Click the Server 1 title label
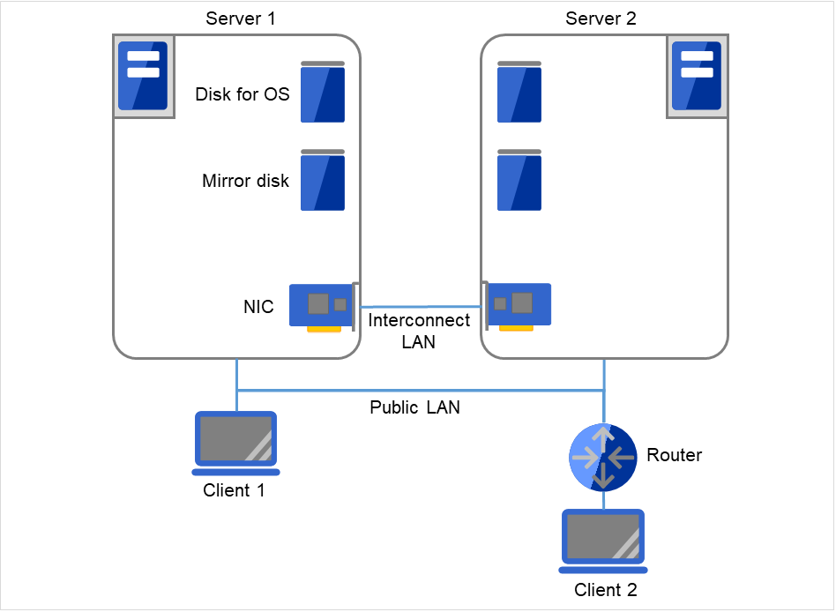[240, 19]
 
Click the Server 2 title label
[601, 19]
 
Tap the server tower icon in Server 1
[143, 75]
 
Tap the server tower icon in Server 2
[697, 75]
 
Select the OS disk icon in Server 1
[323, 93]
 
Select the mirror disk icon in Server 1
[323, 181]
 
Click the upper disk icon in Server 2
[519, 93]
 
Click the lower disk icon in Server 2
[519, 181]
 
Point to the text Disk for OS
[243, 94]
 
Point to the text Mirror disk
[246, 182]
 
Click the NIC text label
[258, 308]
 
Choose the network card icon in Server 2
[519, 306]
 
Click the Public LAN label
[414, 408]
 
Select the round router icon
[603, 457]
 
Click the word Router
[675, 456]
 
